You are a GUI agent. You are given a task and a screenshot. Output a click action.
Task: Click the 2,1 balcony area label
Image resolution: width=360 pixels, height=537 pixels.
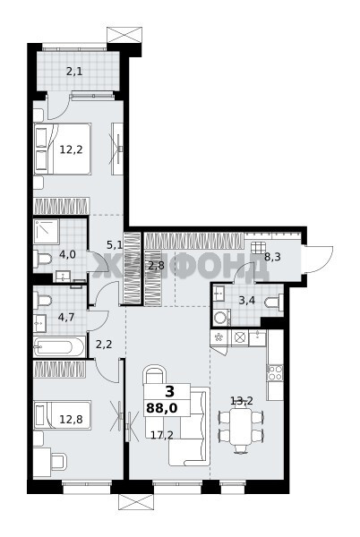point(74,72)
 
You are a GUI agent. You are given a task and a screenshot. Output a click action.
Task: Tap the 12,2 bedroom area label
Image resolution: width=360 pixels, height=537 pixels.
point(72,149)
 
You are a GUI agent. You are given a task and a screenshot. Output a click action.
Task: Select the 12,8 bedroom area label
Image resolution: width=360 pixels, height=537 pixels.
point(71,419)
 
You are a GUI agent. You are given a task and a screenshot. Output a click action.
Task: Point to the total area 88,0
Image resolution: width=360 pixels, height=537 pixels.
point(162,408)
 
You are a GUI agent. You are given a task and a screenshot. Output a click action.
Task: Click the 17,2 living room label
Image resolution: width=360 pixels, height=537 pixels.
point(162,435)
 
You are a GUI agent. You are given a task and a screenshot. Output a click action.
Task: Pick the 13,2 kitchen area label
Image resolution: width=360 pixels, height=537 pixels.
point(242,400)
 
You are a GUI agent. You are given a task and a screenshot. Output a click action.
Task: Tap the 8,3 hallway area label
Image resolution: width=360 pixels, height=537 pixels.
point(272,257)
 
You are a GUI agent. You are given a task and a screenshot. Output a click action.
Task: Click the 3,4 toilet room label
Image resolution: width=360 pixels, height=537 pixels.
point(246,301)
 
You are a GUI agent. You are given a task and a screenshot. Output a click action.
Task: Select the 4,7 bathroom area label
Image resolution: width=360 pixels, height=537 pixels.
point(66,317)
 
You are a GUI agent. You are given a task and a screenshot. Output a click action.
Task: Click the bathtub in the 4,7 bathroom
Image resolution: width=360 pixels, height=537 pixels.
point(59,346)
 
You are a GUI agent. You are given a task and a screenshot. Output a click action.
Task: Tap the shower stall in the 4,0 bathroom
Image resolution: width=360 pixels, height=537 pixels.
point(47,232)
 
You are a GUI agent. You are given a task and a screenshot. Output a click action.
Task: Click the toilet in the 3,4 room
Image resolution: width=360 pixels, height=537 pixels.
point(275,303)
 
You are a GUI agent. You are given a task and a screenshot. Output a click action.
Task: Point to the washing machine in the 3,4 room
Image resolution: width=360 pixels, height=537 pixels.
point(221,318)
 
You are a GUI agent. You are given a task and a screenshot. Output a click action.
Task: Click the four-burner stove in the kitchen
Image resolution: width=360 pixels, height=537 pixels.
point(275,373)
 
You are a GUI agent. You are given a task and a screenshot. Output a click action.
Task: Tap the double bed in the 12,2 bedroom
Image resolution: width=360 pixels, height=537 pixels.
point(63,149)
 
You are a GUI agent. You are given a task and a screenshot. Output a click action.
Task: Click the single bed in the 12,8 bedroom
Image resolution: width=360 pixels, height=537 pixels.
point(63,415)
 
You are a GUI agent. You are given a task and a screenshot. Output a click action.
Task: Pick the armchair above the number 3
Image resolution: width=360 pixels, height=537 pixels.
point(154,374)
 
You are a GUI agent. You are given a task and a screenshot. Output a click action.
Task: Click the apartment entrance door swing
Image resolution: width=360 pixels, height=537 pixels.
point(319,259)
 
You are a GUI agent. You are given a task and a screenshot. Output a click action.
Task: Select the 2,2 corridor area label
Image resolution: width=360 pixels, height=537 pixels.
point(104,345)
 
